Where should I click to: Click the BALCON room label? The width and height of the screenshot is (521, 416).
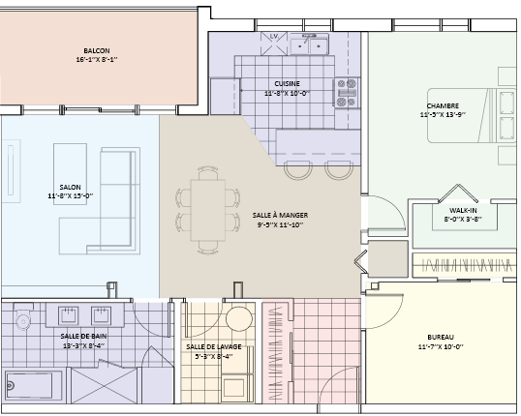[96, 50]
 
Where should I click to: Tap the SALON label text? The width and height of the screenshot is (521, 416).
[69, 187]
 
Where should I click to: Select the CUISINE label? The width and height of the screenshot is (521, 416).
[287, 83]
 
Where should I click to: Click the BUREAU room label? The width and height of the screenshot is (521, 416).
[441, 337]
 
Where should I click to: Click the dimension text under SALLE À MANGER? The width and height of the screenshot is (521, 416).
[281, 225]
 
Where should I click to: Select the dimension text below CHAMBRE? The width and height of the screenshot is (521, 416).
[444, 115]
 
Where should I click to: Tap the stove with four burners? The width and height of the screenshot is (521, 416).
[346, 92]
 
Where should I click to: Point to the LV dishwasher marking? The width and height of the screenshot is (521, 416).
[274, 37]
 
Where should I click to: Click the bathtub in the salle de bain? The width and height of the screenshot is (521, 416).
[34, 384]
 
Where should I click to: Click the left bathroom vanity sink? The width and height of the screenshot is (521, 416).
[68, 314]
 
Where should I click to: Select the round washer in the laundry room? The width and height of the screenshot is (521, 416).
[238, 319]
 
